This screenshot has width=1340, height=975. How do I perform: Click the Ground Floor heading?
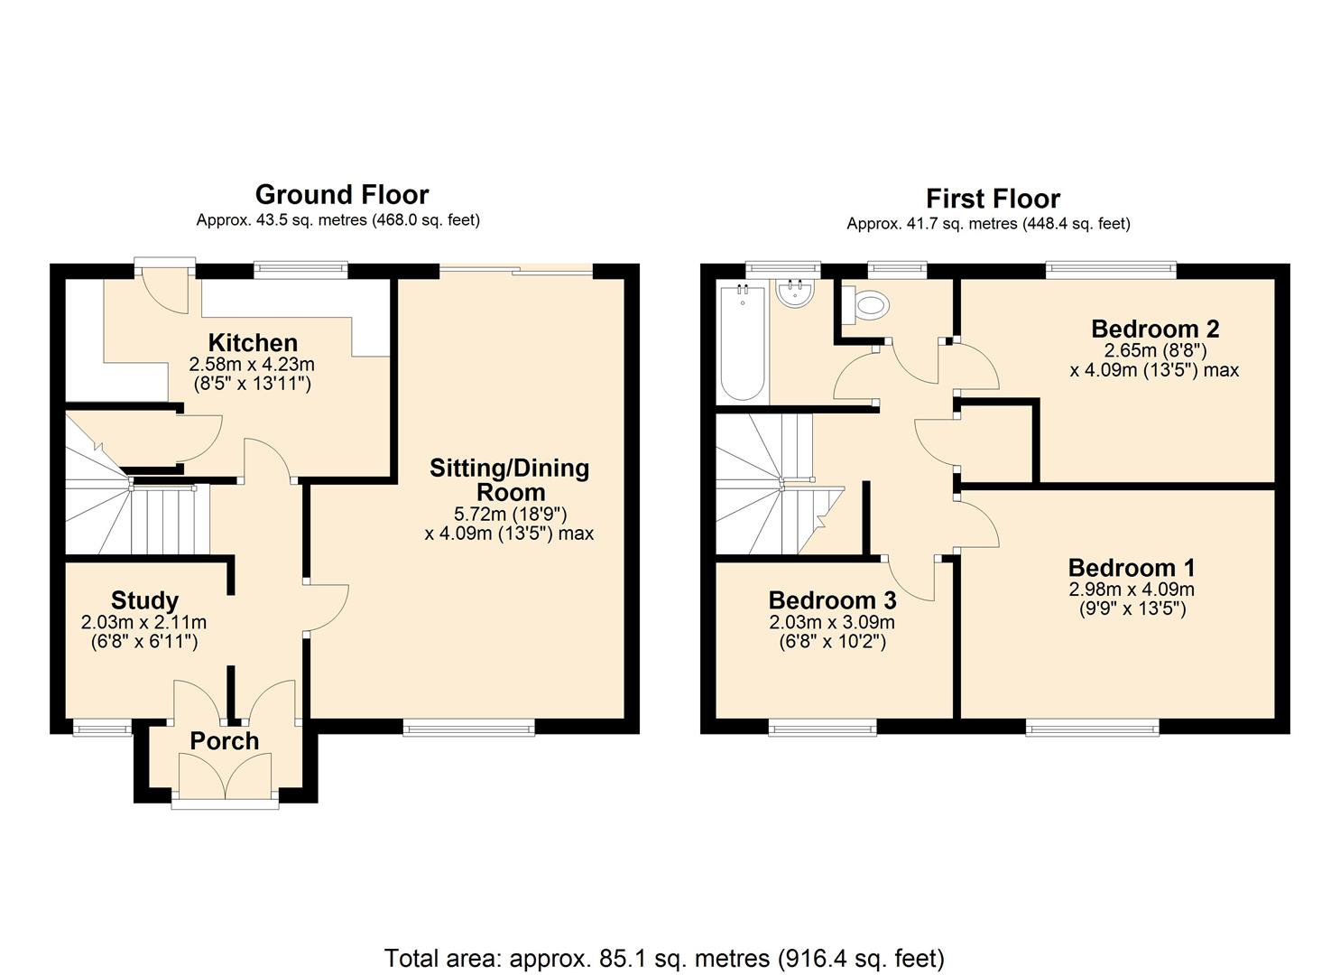click(342, 195)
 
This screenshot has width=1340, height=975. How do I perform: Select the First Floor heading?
click(993, 199)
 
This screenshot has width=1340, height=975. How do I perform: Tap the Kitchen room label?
click(253, 343)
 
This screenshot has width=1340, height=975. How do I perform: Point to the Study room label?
click(144, 600)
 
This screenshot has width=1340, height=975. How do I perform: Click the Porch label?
click(225, 741)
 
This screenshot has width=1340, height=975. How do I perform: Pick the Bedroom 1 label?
click(1132, 568)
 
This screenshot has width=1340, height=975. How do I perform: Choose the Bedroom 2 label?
click(1154, 329)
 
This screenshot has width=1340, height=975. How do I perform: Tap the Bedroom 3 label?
click(832, 599)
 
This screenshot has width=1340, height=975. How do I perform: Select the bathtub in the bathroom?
click(743, 343)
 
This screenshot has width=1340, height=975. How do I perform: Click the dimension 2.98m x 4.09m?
click(1132, 590)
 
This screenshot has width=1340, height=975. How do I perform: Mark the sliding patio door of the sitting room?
click(516, 271)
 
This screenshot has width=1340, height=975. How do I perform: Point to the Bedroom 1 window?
click(1093, 728)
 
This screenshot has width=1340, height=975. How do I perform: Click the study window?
click(102, 728)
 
